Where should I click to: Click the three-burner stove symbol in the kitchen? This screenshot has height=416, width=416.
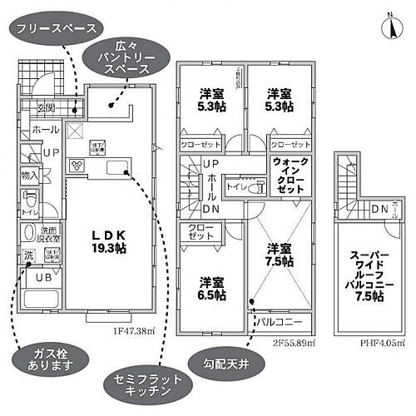[x=79, y=163]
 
